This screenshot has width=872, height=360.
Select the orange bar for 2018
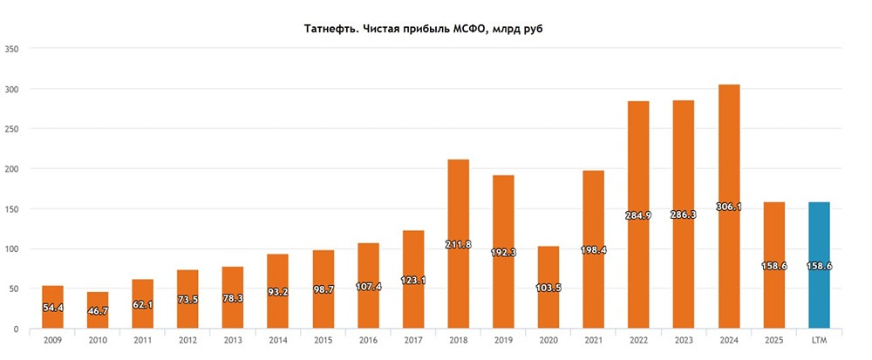point(458,244)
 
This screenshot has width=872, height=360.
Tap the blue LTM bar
point(819,265)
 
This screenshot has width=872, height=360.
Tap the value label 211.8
point(458,244)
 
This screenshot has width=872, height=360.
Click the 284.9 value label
point(639,215)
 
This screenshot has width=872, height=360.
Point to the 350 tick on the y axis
point(12,49)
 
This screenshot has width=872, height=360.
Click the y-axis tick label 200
point(12,169)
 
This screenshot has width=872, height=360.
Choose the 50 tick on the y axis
point(15,289)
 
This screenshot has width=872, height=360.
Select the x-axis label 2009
point(53,341)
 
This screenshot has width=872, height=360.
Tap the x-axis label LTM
point(819,341)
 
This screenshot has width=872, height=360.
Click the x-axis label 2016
point(368,341)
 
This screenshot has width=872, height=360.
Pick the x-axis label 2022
point(639,341)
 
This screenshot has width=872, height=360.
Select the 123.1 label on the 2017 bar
point(413,281)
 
